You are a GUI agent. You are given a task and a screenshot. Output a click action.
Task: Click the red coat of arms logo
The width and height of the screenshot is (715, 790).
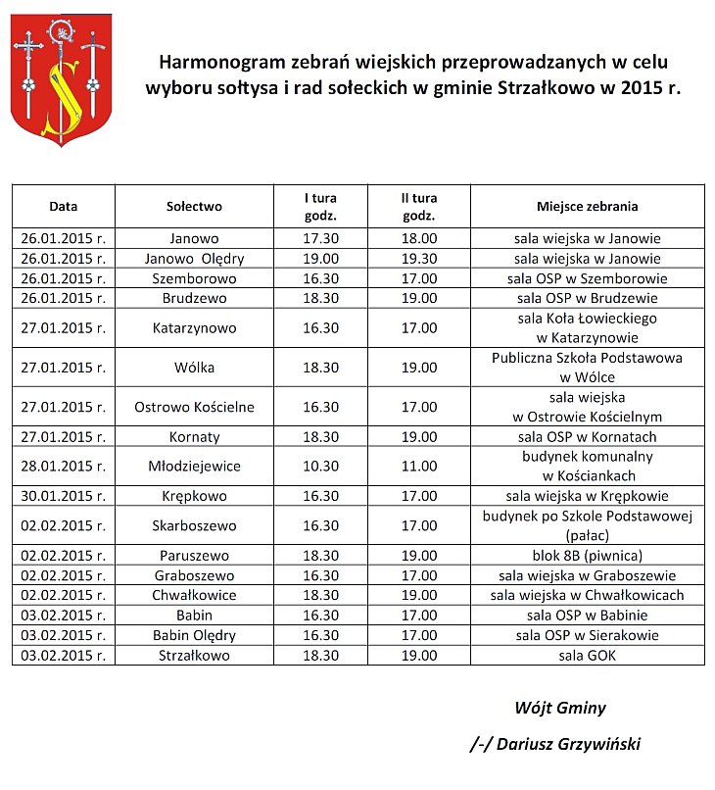coord(61,85)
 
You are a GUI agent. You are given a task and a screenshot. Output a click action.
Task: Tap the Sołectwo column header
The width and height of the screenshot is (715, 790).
coord(194,207)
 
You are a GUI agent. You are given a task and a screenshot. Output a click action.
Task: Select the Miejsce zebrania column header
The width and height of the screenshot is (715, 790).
coord(587,207)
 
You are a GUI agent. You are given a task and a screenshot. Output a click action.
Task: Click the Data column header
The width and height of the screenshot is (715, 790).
coord(64,207)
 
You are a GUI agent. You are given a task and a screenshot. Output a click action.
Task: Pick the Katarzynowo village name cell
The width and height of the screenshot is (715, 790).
coord(194,328)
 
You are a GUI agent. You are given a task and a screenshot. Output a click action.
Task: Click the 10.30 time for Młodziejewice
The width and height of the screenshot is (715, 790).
coord(321,467)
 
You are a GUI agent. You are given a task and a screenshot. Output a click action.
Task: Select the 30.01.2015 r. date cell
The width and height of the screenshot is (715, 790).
coord(64,496)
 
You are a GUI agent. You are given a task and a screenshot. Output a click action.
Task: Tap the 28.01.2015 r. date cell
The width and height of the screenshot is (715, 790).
coord(64,467)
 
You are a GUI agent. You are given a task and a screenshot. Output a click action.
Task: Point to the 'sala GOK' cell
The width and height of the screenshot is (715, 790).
coord(587,655)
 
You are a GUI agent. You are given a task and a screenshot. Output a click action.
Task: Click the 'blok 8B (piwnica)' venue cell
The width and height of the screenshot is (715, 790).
coord(587,555)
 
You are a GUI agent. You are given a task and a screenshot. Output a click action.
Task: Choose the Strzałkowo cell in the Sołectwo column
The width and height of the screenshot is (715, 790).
coord(194,655)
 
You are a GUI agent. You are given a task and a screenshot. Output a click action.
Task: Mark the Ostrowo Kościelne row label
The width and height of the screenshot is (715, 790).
coord(194,407)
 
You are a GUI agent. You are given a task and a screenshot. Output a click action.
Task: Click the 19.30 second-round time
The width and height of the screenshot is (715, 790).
coord(419,259)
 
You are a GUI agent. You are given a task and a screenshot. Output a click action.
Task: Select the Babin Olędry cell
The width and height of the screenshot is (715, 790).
coord(194,635)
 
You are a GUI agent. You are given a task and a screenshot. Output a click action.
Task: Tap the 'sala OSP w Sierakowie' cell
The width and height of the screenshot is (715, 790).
coord(587,635)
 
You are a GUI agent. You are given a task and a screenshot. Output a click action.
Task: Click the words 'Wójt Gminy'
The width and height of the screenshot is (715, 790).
coord(560,708)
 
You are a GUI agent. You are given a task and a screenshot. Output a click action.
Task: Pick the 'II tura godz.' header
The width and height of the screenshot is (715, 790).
coord(419,207)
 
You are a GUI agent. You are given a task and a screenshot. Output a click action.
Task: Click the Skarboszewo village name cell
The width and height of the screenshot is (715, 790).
coord(194,525)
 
